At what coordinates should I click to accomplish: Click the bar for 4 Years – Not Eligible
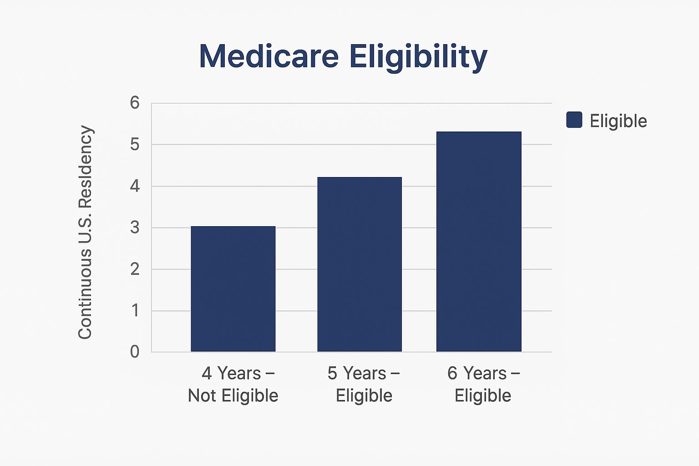coord(233,289)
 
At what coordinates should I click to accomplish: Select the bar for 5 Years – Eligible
coord(360,264)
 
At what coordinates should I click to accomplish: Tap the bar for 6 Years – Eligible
coord(479,242)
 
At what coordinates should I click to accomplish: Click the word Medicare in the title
coord(269,56)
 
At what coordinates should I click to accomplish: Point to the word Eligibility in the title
coord(419,57)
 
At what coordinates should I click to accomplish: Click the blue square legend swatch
coord(574,120)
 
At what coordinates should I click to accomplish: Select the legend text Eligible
coord(618,121)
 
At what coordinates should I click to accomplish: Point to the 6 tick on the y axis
coord(135,103)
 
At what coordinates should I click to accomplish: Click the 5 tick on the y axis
coord(135,145)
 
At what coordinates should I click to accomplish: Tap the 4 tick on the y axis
coord(135,186)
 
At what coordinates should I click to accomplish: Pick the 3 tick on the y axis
coord(135,228)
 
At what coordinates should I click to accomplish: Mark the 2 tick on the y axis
coord(135,269)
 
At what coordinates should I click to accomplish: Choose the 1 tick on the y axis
coord(135,311)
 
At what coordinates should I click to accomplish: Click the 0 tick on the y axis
coord(135,352)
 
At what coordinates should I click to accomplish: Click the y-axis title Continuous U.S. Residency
coord(85,232)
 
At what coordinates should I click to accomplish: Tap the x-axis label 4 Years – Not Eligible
coord(233,385)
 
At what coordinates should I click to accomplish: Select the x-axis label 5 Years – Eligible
coord(364,385)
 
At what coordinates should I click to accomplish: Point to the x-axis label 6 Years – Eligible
coord(483,385)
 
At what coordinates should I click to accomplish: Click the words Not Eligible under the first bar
coord(233,396)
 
